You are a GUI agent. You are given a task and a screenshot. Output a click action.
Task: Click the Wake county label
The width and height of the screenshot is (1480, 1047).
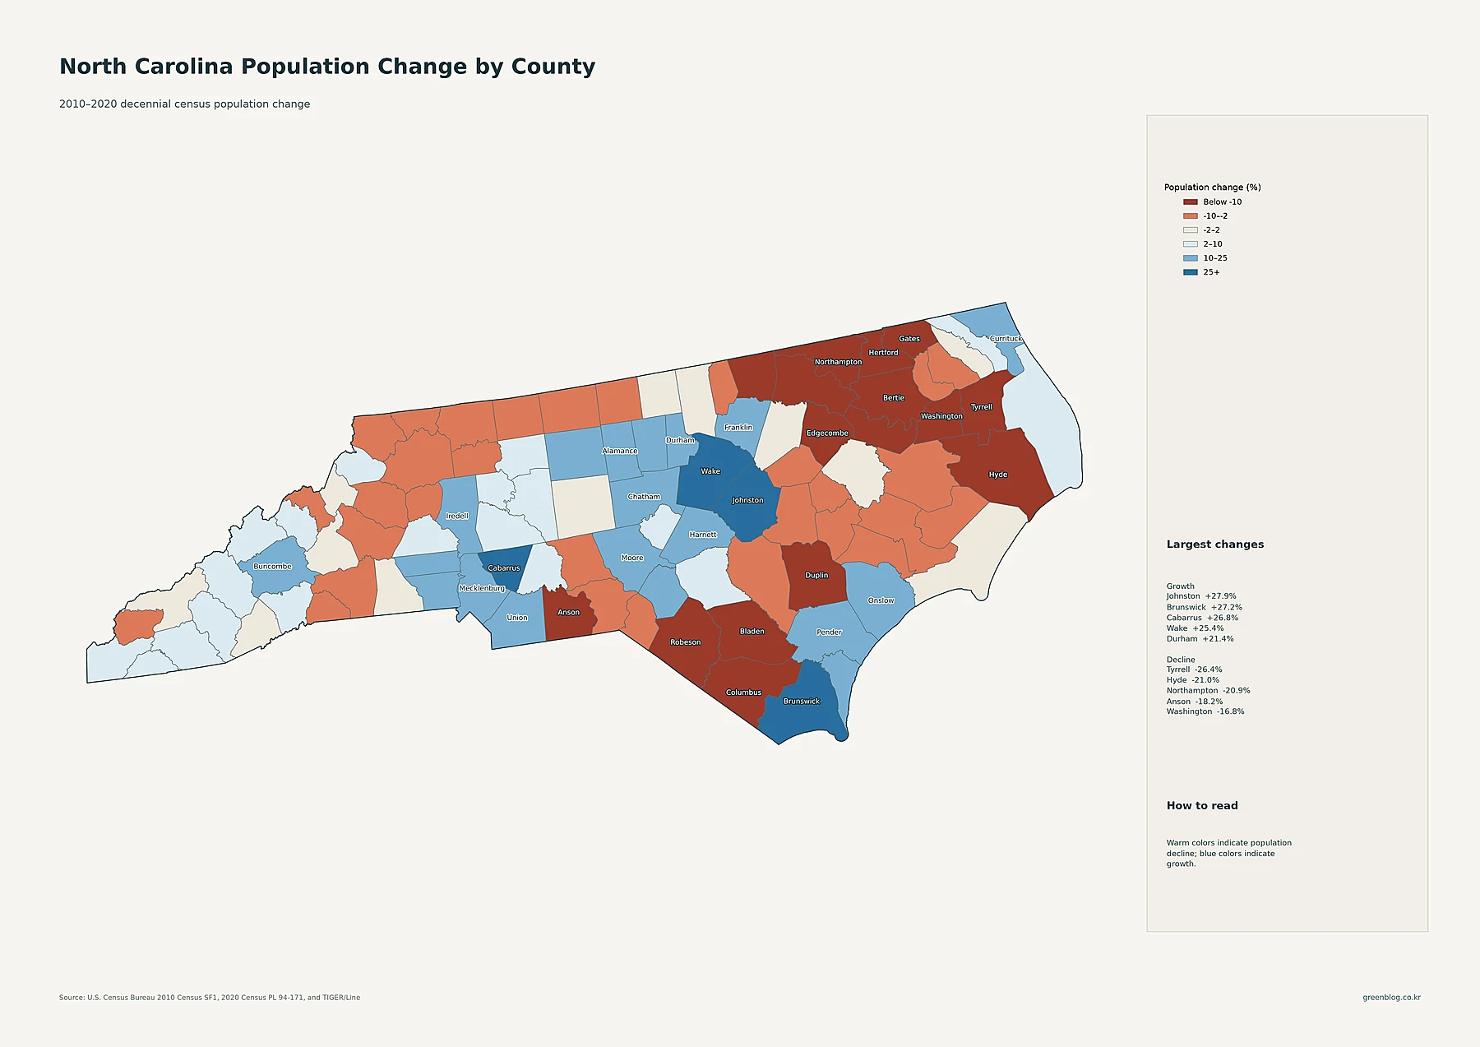tap(710, 471)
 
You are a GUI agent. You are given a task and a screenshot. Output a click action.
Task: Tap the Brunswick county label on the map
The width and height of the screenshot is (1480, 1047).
tap(802, 702)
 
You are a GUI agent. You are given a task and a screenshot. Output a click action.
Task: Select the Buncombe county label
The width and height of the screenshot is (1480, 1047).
tap(272, 567)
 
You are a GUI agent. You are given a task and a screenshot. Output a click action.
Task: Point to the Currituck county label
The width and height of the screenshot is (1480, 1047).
tap(1006, 339)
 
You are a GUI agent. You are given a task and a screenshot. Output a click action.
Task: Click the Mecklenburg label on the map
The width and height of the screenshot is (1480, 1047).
tap(482, 589)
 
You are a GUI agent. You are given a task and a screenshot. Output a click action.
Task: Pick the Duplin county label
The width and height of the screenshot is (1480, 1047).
tap(816, 576)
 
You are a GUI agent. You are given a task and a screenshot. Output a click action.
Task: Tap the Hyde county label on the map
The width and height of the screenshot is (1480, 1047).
tap(998, 475)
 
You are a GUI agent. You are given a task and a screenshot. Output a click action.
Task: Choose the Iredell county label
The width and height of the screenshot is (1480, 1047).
tap(457, 517)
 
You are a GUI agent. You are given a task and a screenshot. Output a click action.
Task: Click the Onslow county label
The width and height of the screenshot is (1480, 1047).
tap(881, 600)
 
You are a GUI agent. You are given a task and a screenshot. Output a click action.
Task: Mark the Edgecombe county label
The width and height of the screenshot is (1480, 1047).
tap(827, 433)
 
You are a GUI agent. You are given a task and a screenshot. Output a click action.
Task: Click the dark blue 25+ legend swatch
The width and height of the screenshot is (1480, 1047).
tap(1190, 272)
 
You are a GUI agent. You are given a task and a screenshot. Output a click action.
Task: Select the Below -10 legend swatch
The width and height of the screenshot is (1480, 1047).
tap(1190, 202)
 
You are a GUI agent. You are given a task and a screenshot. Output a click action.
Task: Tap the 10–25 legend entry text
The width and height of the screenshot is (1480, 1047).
tap(1215, 258)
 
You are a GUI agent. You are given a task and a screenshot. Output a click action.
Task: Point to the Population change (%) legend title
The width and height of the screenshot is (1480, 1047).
tap(1212, 188)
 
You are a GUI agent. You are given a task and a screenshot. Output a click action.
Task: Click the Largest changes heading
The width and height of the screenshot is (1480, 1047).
tap(1215, 544)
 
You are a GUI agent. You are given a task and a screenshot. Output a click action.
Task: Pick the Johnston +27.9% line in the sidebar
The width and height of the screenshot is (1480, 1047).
tap(1201, 596)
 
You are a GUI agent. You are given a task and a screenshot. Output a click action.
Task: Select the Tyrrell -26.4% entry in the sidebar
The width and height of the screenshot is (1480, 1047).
tap(1194, 669)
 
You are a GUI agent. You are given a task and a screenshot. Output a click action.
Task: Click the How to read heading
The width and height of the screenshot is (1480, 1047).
tap(1202, 806)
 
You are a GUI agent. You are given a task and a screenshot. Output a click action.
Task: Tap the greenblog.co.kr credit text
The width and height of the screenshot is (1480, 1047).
tap(1391, 998)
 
